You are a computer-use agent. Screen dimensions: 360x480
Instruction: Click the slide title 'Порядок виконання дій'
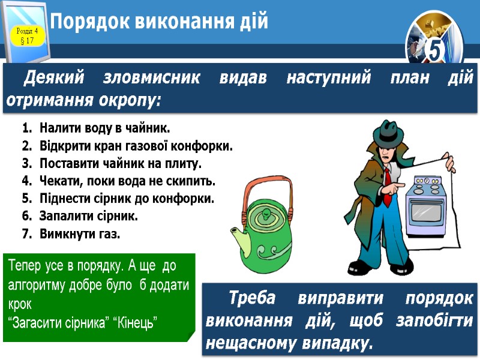159,22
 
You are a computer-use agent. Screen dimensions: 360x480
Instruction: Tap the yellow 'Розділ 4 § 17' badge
26,35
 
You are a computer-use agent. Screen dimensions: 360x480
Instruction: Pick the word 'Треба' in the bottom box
252,298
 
